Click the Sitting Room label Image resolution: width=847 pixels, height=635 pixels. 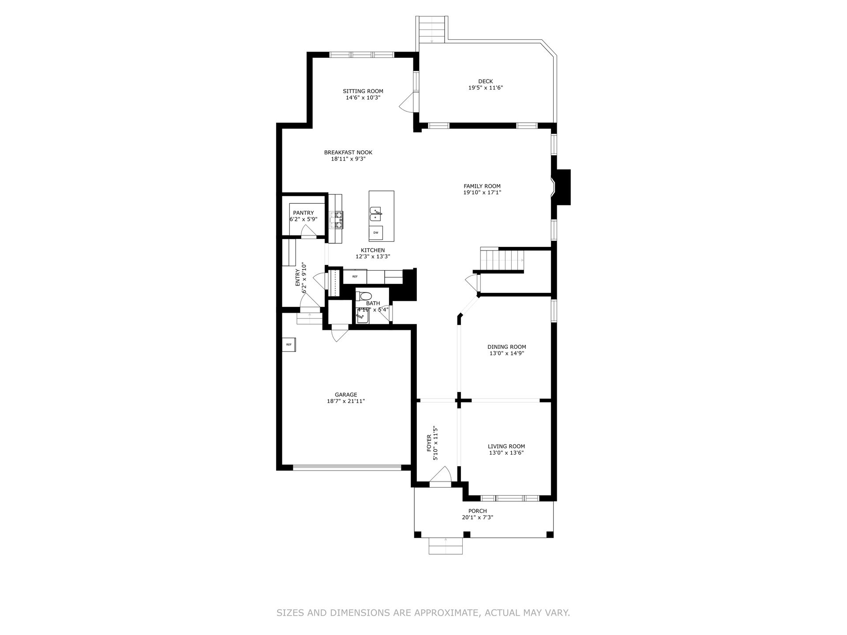click(363, 91)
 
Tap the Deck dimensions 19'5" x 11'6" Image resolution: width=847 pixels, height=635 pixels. click(486, 88)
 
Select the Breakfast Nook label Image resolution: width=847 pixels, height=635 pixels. click(348, 153)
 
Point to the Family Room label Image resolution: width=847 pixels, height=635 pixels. click(482, 186)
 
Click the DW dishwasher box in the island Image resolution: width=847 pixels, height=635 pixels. click(376, 232)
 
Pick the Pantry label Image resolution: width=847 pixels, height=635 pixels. click(304, 213)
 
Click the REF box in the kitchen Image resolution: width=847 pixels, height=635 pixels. click(355, 276)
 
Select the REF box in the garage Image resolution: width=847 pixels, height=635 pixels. click(289, 344)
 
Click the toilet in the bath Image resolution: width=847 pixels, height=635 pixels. click(364, 295)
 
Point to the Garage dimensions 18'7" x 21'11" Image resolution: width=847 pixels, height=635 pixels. click(346, 401)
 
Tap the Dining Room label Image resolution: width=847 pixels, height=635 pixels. click(507, 347)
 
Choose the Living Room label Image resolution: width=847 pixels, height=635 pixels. click(506, 446)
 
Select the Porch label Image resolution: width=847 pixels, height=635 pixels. click(478, 511)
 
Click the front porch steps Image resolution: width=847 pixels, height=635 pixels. click(446, 546)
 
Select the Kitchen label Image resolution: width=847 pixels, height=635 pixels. click(373, 250)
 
